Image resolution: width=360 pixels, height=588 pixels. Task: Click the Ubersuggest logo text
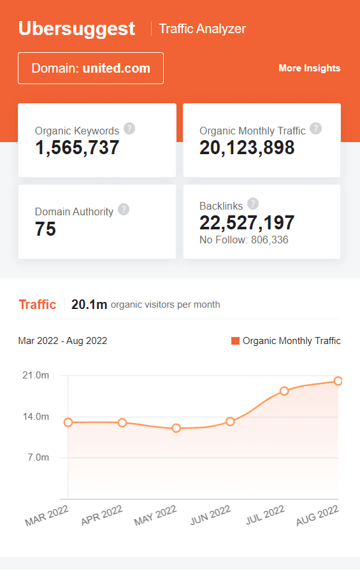point(76,29)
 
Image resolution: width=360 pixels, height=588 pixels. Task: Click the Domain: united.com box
point(90,68)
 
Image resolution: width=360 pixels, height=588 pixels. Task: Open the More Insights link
point(309,68)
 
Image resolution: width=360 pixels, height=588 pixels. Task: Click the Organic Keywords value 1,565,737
point(77,148)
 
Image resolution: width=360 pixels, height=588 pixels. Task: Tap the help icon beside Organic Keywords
point(129,129)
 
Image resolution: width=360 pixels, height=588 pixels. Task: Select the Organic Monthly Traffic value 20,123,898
point(247,148)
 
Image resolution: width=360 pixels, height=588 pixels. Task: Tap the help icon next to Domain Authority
point(124,210)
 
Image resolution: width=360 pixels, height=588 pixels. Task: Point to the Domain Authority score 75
point(46,229)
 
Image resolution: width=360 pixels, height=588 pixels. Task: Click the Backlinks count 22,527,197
point(247,223)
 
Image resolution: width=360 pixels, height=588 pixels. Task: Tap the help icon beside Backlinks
point(253,204)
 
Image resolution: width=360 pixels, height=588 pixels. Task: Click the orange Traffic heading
point(38,305)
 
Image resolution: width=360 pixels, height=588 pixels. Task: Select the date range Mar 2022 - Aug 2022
point(62,341)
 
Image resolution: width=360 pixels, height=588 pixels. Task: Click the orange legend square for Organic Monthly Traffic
point(235,341)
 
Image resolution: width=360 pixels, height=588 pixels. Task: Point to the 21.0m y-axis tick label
point(36,375)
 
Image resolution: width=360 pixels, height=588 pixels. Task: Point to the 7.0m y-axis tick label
point(38,457)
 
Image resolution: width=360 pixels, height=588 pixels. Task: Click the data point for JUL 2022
point(284,391)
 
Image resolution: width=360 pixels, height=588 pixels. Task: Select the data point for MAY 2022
point(176,428)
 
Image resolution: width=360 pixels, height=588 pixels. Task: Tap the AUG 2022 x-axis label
point(317,514)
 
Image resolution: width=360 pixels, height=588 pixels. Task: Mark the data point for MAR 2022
point(68,422)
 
